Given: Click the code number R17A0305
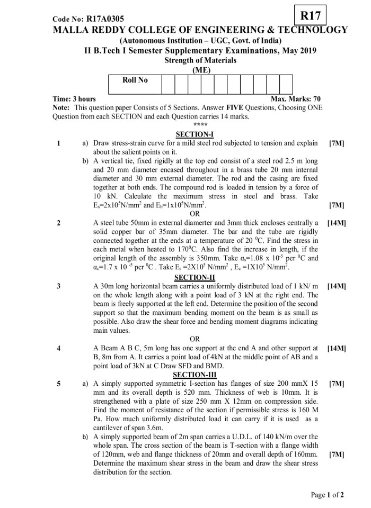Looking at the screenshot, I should (x=89, y=19).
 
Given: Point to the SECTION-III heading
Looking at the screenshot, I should (x=194, y=374).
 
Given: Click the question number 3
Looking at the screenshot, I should (x=58, y=286).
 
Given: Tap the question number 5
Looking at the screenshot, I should (x=58, y=383).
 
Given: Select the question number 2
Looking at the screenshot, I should (x=58, y=223).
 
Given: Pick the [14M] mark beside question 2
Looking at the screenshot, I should (x=337, y=223).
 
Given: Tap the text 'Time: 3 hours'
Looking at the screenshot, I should (x=74, y=99).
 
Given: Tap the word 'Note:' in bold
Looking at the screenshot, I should (x=63, y=107).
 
